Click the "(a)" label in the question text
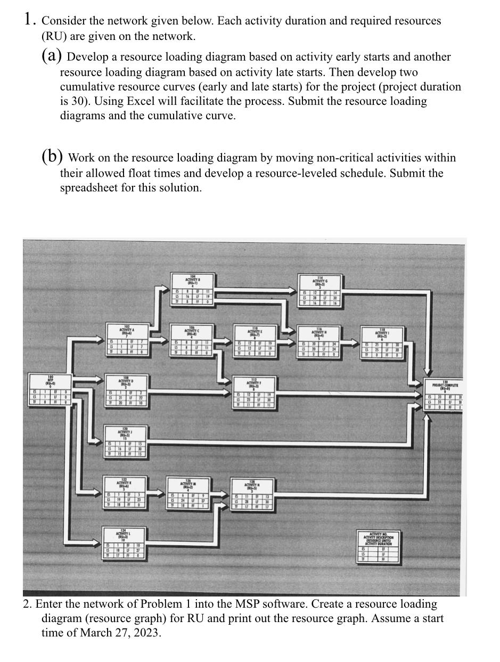52,56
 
